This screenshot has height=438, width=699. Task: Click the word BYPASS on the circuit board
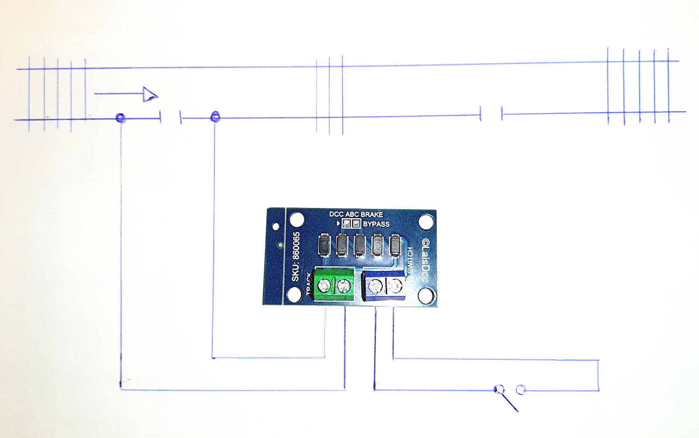click(x=376, y=224)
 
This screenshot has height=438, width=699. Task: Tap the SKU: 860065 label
click(x=296, y=257)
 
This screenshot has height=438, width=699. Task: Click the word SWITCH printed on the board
click(x=410, y=260)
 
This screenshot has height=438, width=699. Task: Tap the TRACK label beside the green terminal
click(x=308, y=283)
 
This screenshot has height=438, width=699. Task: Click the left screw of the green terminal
click(x=324, y=286)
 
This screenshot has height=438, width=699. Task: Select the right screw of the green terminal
click(x=343, y=286)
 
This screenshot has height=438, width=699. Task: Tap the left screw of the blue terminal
click(x=375, y=287)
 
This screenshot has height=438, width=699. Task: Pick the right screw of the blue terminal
click(x=395, y=287)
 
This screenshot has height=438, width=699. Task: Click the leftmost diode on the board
click(x=324, y=245)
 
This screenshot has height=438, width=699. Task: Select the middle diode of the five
click(x=360, y=245)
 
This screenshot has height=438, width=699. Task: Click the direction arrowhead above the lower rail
click(x=150, y=94)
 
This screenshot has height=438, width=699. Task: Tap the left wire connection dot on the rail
click(x=120, y=118)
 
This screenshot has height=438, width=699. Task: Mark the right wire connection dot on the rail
click(x=215, y=116)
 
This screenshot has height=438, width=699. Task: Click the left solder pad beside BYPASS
click(x=347, y=224)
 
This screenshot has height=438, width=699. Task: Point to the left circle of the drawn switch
click(x=499, y=389)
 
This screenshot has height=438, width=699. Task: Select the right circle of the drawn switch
click(x=520, y=389)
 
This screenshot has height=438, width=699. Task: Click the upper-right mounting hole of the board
click(x=426, y=222)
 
